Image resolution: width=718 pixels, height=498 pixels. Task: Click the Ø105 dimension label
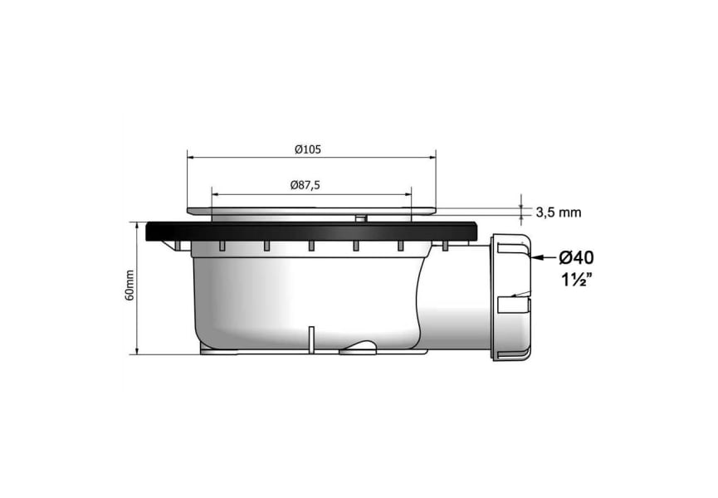click(308, 149)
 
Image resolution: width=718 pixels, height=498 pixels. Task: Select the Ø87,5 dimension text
click(305, 185)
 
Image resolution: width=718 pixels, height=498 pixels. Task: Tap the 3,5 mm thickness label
click(558, 212)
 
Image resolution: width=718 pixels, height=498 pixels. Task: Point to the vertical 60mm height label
click(129, 286)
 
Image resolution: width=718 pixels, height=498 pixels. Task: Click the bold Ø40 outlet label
click(576, 257)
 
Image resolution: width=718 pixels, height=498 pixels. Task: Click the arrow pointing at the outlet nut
click(544, 257)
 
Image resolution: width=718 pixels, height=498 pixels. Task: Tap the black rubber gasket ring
click(312, 231)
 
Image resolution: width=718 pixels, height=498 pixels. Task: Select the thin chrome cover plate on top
click(311, 211)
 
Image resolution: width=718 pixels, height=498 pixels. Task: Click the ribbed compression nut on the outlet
click(511, 296)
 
